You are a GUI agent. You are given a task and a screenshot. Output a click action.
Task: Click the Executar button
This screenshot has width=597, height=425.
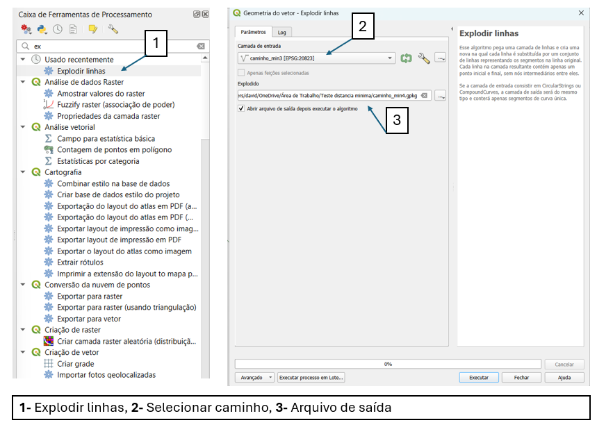click(x=479, y=378)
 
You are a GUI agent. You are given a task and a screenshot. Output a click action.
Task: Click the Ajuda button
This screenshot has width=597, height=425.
click(x=564, y=378)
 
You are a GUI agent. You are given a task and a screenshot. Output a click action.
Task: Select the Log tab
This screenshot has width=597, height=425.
click(x=281, y=32)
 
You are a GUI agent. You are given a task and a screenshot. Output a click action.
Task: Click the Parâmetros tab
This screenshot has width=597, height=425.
click(x=253, y=32)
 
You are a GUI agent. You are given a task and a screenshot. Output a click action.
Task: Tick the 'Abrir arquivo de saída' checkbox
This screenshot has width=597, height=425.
click(x=241, y=108)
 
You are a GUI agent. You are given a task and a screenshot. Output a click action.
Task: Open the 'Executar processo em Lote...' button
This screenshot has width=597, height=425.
click(x=311, y=378)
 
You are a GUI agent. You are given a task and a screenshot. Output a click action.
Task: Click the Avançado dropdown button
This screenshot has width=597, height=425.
click(x=256, y=378)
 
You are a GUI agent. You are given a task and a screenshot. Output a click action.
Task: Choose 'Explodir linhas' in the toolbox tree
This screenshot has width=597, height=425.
click(x=81, y=71)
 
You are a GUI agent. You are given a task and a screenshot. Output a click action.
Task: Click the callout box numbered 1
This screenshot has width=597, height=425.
click(x=156, y=43)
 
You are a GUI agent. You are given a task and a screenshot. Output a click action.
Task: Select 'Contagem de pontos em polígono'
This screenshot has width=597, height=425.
click(x=114, y=149)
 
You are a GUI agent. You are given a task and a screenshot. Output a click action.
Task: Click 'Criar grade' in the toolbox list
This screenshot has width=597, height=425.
click(x=75, y=363)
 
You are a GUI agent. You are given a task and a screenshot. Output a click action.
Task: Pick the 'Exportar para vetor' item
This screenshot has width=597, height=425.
click(x=90, y=319)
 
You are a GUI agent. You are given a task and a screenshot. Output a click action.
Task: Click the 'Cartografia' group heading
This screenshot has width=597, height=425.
click(x=63, y=172)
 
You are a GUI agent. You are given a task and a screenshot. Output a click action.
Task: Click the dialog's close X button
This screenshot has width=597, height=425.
click(x=581, y=12)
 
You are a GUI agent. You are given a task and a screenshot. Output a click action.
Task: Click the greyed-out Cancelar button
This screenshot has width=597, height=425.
click(x=564, y=364)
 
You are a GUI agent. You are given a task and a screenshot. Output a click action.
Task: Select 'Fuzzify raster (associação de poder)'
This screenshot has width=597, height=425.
click(x=115, y=105)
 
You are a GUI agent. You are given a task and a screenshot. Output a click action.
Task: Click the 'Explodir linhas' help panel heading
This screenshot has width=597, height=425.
click(x=489, y=33)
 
